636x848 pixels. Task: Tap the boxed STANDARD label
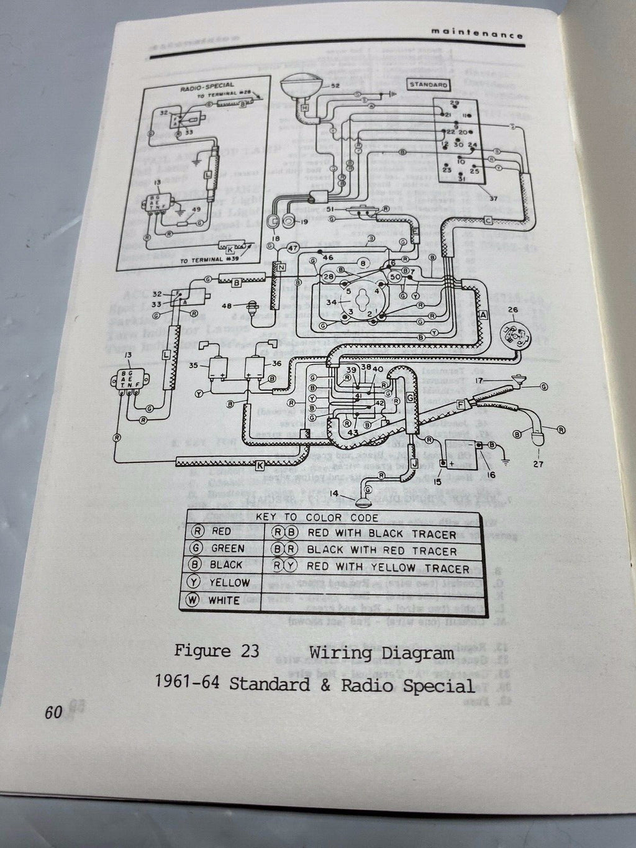click(x=429, y=84)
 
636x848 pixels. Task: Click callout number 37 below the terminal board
click(x=494, y=199)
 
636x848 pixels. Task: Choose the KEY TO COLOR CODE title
click(x=333, y=517)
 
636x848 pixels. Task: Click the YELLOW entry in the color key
click(x=229, y=583)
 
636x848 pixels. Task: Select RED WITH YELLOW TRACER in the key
click(x=388, y=568)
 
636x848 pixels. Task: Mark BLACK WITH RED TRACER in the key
click(x=381, y=550)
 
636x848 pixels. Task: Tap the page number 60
click(x=53, y=712)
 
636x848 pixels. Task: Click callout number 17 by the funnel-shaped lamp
click(x=478, y=380)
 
